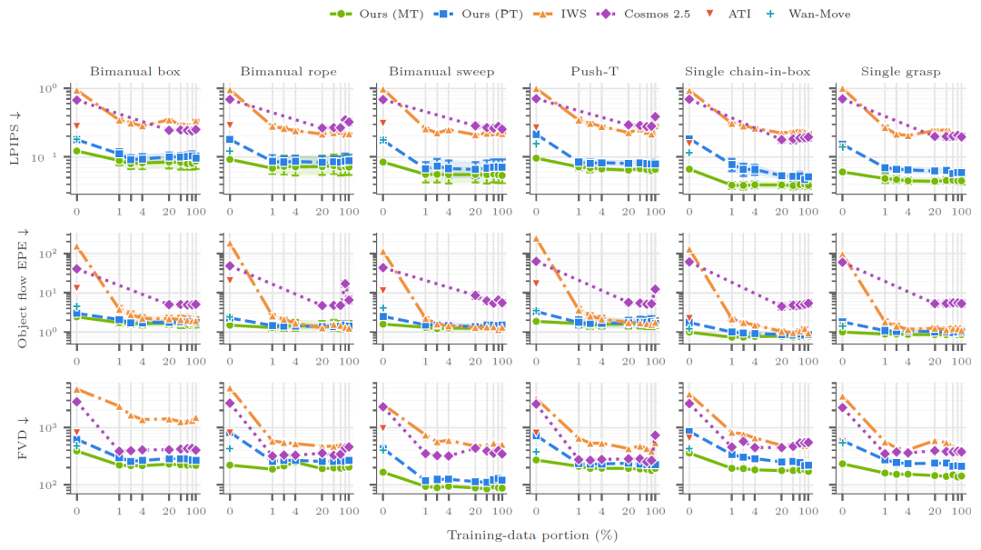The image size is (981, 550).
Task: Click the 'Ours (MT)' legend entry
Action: [x=376, y=14]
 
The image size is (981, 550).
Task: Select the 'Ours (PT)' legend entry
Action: [x=478, y=14]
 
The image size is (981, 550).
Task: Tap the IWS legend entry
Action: [x=559, y=14]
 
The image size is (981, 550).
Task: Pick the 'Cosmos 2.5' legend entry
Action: [x=644, y=14]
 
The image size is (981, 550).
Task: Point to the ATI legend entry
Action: [x=728, y=14]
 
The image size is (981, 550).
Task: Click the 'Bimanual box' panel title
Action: [x=135, y=72]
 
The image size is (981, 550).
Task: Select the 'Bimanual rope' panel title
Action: [x=289, y=72]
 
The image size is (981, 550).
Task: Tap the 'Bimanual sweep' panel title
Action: [x=441, y=72]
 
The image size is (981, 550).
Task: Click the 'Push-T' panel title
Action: [x=594, y=72]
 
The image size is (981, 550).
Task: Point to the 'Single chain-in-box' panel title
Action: [x=748, y=72]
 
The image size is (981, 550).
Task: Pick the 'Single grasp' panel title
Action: [x=901, y=72]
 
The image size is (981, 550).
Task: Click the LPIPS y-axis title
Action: [x=15, y=138]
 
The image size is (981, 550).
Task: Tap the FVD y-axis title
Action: [x=23, y=437]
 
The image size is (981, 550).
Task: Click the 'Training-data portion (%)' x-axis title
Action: [x=532, y=535]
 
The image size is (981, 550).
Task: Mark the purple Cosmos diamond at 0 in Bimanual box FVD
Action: [x=76, y=402]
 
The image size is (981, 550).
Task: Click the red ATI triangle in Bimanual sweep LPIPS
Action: [x=383, y=123]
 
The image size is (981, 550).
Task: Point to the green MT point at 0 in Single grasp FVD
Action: [x=842, y=465]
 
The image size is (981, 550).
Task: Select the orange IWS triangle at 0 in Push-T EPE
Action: [x=536, y=238]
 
